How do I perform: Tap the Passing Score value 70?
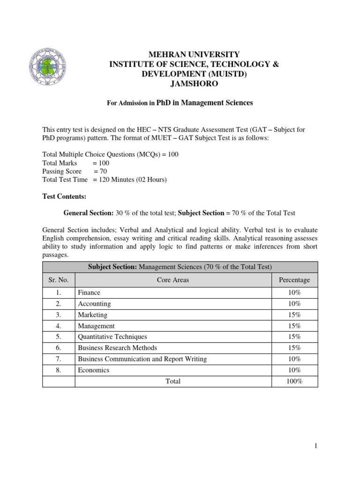pyautogui.click(x=104, y=171)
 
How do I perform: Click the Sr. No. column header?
pyautogui.click(x=59, y=280)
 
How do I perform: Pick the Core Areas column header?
pyautogui.click(x=173, y=280)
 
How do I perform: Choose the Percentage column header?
pyautogui.click(x=294, y=280)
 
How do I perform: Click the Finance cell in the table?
pyautogui.click(x=89, y=292)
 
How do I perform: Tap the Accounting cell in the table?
pyautogui.click(x=94, y=304)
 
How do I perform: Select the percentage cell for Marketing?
pyautogui.click(x=294, y=315)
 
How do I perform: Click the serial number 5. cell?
pyautogui.click(x=59, y=337)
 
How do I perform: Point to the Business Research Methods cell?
pyautogui.click(x=117, y=348)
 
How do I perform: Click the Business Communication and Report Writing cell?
pyautogui.click(x=142, y=359)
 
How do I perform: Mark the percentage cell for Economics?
pyautogui.click(x=294, y=370)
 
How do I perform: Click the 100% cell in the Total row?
pyautogui.click(x=294, y=382)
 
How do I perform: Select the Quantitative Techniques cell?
pyautogui.click(x=112, y=337)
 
